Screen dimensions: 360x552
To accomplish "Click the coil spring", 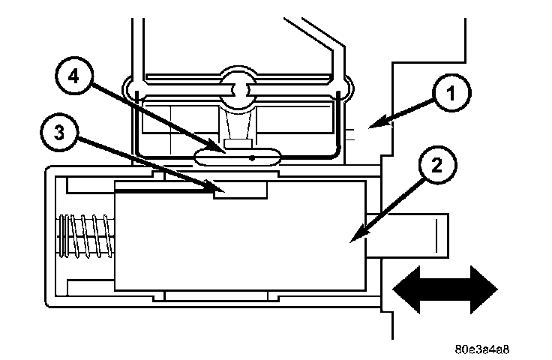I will [x=84, y=235].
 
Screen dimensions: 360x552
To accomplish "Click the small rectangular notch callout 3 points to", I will [x=240, y=190].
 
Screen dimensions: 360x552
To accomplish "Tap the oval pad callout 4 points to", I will [x=236, y=156].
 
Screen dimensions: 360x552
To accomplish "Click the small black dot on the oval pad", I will [x=252, y=158].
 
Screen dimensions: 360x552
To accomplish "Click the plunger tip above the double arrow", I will [x=416, y=234].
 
